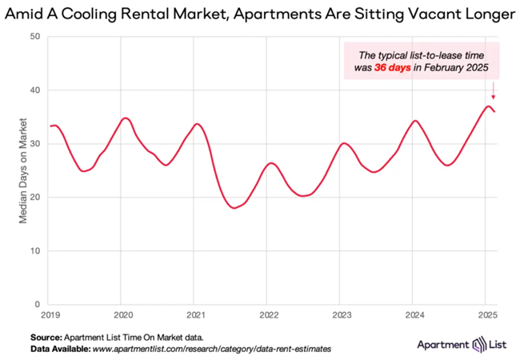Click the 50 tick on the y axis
tap(35, 37)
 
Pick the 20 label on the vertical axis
tap(35, 198)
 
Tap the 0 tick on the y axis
tap(38, 304)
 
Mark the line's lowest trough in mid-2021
tap(234, 208)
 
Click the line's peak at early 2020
tap(125, 118)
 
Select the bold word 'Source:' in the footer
tap(51, 338)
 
